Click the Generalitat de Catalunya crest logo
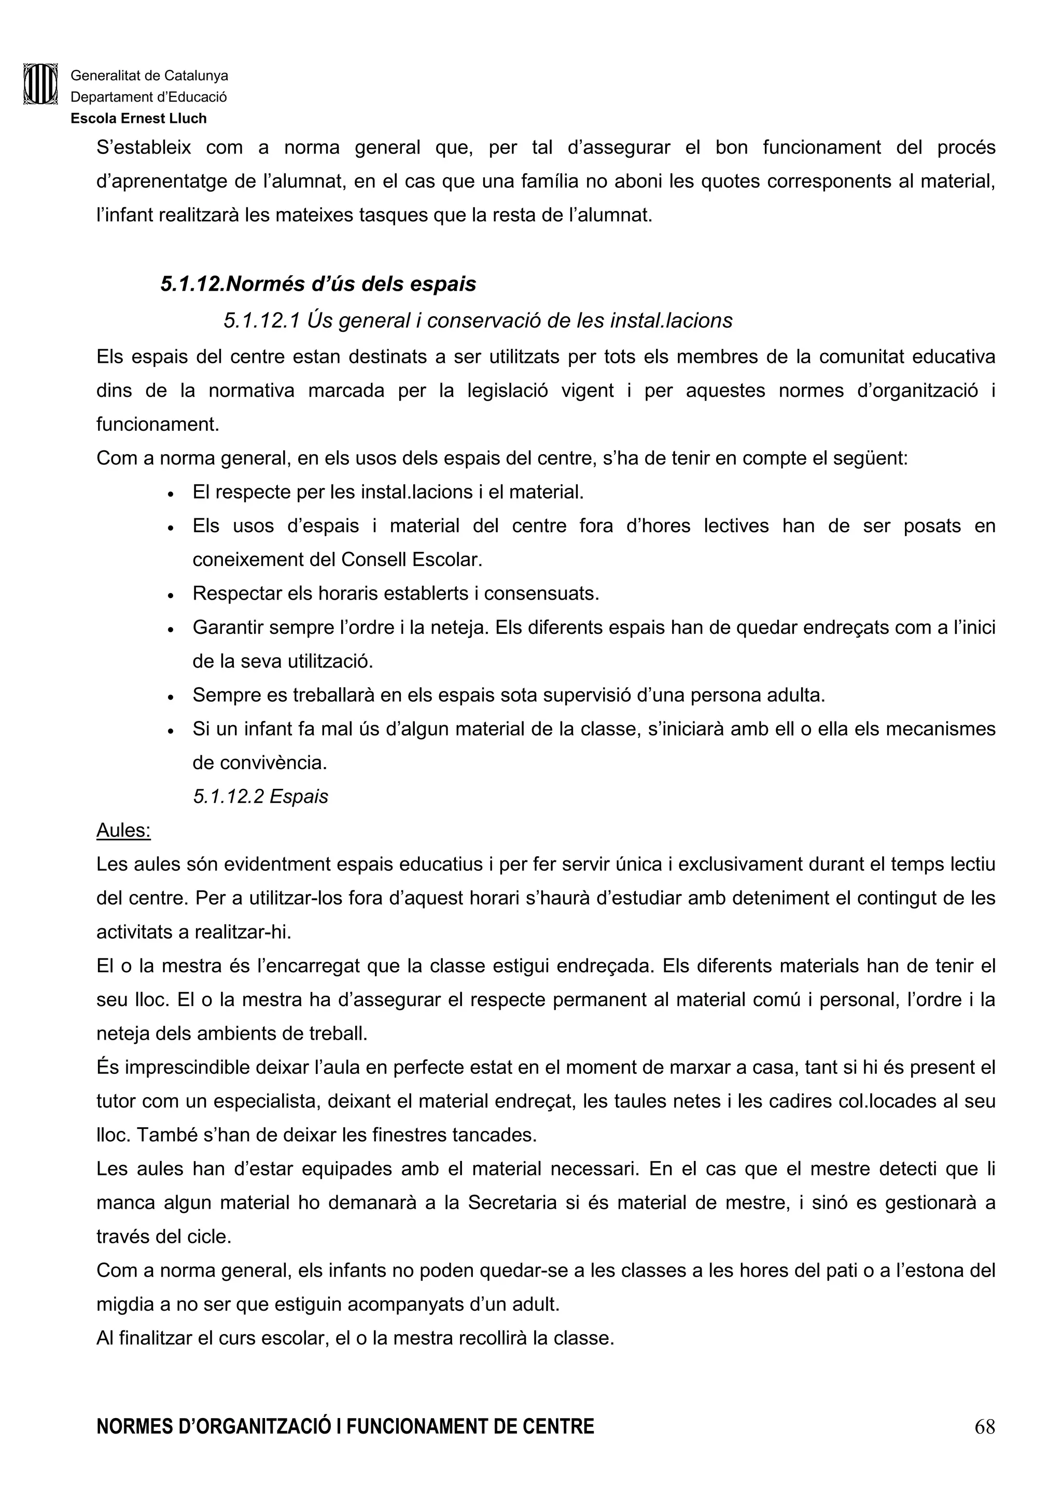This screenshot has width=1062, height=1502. point(40,84)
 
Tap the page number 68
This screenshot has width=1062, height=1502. point(984,1444)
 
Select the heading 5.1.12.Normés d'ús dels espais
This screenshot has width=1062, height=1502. point(318,284)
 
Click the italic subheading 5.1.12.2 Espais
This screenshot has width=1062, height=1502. point(260,796)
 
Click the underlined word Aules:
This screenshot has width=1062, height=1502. point(123,830)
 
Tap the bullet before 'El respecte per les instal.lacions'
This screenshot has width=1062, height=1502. point(170,494)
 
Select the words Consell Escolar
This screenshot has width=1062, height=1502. point(411,559)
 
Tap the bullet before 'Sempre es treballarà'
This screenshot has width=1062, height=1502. point(170,697)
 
